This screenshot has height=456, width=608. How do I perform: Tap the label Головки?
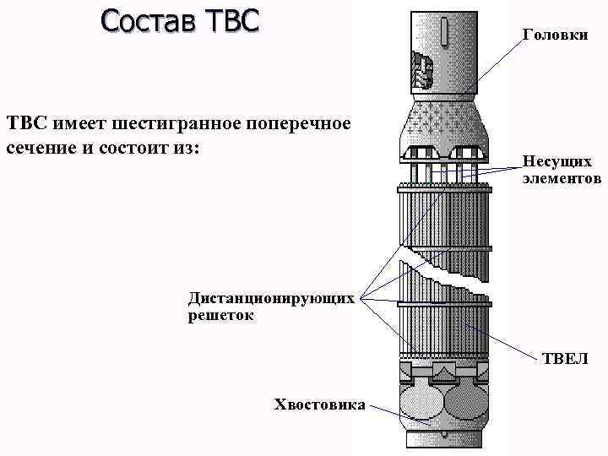[x=555, y=35]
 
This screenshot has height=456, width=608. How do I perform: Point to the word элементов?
[x=562, y=178]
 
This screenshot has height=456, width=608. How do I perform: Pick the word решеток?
[x=221, y=316]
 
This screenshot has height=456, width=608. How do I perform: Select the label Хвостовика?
[x=320, y=404]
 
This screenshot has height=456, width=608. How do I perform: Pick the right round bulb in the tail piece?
[x=466, y=404]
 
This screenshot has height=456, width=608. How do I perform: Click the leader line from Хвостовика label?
[x=387, y=411]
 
